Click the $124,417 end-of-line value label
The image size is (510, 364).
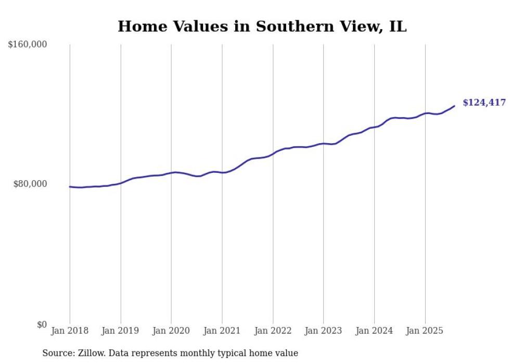click(x=484, y=103)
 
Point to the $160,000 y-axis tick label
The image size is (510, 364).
click(x=28, y=45)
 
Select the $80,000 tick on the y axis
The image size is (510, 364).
click(x=30, y=184)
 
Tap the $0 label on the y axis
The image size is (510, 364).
click(x=42, y=324)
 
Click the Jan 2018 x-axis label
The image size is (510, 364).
click(x=70, y=331)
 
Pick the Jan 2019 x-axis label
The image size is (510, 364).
click(x=121, y=331)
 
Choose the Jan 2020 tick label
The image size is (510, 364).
click(x=171, y=331)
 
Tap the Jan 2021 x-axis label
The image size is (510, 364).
click(x=222, y=331)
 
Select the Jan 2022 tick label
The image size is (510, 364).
click(x=273, y=331)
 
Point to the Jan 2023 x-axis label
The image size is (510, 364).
click(x=323, y=331)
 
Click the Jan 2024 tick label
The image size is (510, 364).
click(x=374, y=331)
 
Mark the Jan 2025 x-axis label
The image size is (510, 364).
click(x=425, y=331)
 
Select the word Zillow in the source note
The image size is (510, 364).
click(x=93, y=353)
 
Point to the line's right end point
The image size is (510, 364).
click(x=454, y=106)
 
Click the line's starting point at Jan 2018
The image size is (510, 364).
click(x=70, y=186)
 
